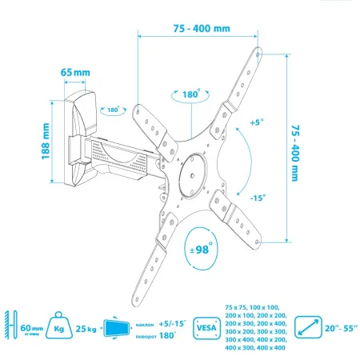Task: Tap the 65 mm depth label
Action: pos(74,73)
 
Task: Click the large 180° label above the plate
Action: pos(190,94)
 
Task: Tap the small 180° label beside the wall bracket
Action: pos(114,110)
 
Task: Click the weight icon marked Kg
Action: pos(60,326)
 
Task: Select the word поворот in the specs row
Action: pos(146,335)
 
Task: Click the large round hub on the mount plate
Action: pos(191,173)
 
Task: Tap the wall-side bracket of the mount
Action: pos(81,133)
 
